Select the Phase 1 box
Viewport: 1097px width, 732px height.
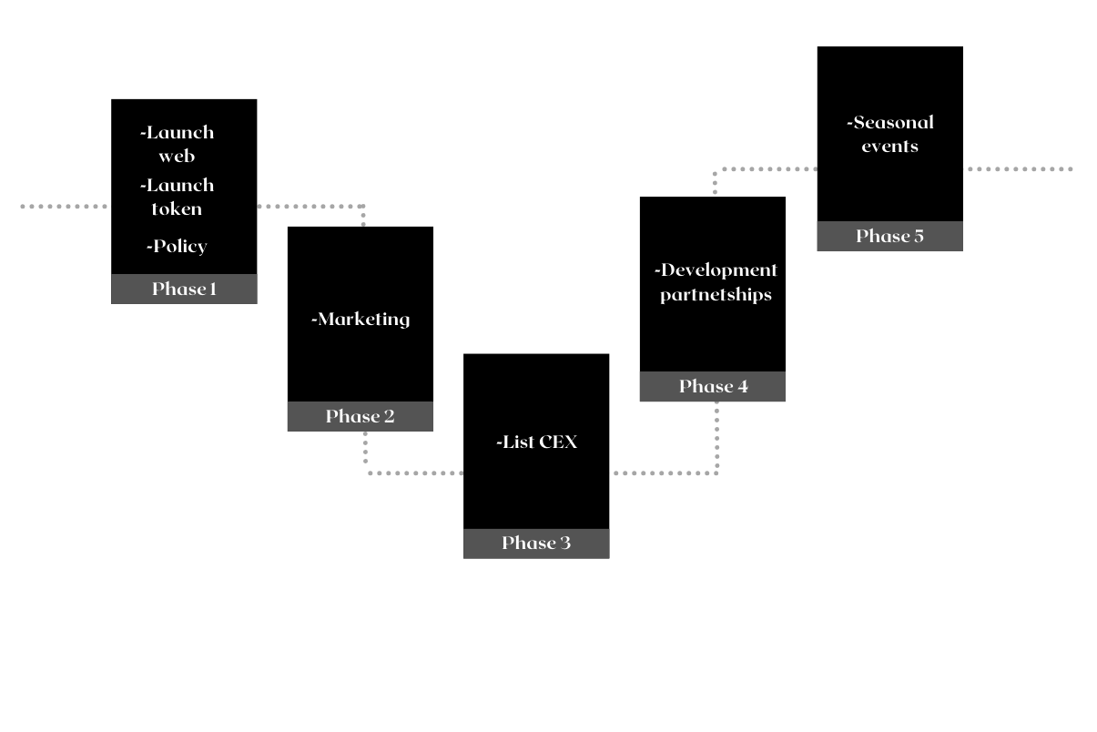[184, 289]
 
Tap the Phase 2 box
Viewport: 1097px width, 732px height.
[360, 416]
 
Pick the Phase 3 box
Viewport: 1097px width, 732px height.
[536, 544]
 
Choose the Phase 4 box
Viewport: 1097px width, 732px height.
[712, 386]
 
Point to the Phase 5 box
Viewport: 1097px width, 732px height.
[889, 236]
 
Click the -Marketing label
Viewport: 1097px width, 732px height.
[361, 320]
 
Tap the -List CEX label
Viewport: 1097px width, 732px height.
[537, 442]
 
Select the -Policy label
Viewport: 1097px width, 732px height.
[177, 247]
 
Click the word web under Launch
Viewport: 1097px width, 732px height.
[177, 157]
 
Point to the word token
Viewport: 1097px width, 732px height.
[177, 209]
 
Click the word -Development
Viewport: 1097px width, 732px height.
[716, 270]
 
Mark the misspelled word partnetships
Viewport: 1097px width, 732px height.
[716, 295]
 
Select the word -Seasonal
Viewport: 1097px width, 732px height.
[890, 123]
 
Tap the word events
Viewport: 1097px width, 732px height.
[890, 147]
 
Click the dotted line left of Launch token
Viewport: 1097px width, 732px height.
[64, 207]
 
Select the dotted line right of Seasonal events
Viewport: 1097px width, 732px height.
[1019, 169]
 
